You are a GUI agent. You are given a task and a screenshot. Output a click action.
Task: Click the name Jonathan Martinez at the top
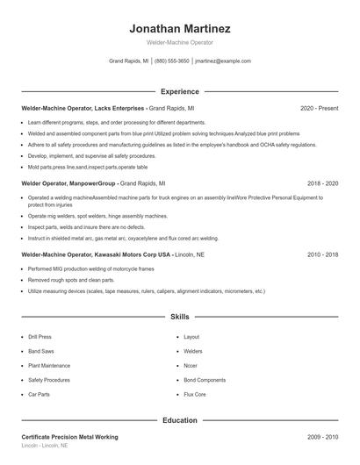(179, 28)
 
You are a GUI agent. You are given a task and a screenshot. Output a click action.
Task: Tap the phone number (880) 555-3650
(171, 61)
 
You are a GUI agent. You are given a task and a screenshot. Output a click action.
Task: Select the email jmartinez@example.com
(223, 61)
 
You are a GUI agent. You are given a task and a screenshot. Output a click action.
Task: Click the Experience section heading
(179, 91)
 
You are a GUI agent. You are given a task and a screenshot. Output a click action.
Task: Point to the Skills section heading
(179, 316)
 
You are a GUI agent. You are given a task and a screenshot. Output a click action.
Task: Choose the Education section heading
(179, 420)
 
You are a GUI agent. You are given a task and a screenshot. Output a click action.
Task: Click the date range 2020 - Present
(319, 108)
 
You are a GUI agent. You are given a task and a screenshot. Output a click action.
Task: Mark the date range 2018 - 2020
(322, 184)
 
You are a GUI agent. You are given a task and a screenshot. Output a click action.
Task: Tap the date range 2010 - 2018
(322, 254)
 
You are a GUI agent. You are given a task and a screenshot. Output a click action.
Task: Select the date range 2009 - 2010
(322, 437)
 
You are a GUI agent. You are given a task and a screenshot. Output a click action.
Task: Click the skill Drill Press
(40, 337)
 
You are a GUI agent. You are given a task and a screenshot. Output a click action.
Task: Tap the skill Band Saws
(40, 351)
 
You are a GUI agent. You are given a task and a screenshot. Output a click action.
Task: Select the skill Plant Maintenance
(49, 365)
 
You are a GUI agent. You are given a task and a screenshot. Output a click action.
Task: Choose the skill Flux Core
(194, 395)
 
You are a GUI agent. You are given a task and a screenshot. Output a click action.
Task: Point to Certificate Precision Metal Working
(69, 437)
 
